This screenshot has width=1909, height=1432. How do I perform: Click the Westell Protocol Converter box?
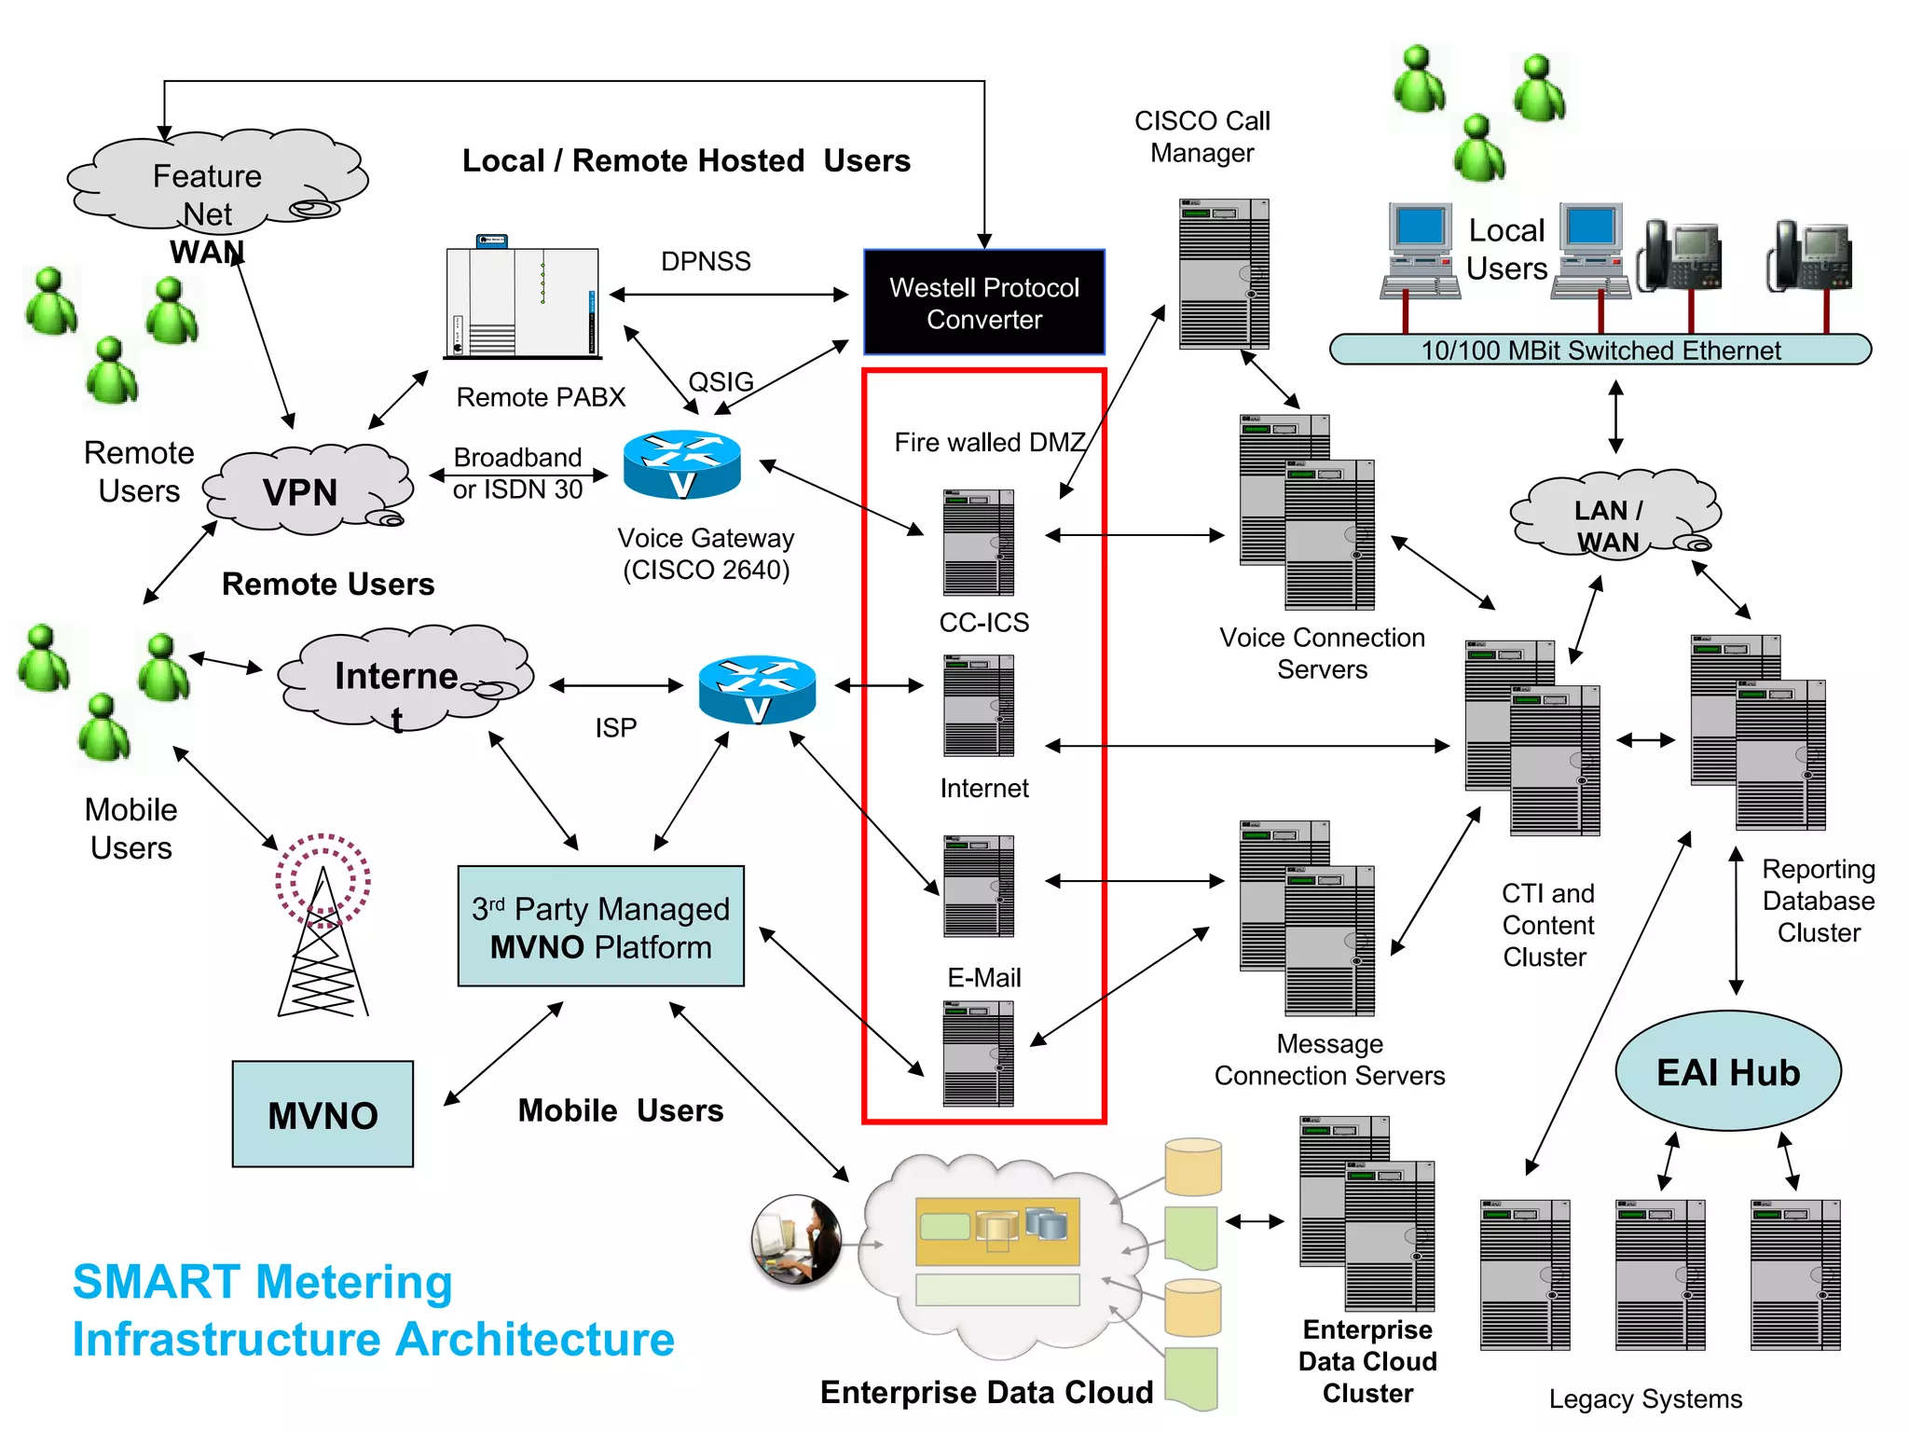983,302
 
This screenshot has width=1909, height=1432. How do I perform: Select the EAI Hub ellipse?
1727,1071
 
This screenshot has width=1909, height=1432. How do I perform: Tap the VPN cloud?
304,491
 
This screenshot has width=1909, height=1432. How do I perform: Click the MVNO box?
323,1114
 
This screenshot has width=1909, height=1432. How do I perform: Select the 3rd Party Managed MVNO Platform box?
600,927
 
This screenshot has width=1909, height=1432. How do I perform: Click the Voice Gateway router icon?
681,464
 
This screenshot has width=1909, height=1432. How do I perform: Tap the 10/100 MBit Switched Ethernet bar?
1600,350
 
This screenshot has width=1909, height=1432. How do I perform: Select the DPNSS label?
706,261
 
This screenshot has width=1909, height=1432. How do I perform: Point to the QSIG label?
721,381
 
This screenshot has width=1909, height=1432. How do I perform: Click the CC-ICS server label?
983,622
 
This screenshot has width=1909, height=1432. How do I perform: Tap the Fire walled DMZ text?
989,442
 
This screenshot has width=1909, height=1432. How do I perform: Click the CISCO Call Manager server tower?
1223,274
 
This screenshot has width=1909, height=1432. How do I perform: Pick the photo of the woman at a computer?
796,1241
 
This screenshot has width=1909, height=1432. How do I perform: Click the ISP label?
615,727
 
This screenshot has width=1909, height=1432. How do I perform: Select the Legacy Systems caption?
1645,1398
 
